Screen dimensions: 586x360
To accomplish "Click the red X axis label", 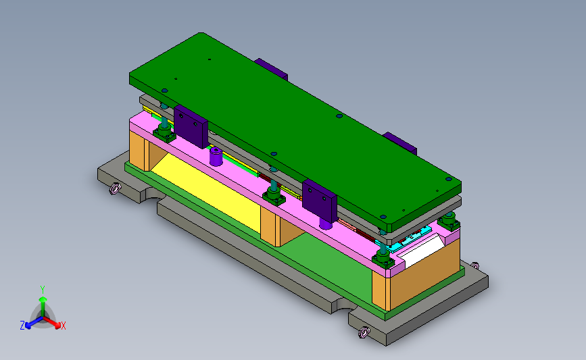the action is coord(63,326).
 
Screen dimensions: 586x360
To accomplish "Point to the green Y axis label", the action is coord(43,290).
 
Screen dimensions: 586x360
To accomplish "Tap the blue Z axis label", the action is coord(22,326).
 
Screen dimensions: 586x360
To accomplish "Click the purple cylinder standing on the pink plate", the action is coord(216,156).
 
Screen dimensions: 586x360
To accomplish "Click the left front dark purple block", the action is coord(191,126).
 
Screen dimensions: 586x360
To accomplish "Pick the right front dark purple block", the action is coord(320,201).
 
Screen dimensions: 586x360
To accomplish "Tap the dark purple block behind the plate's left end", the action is coord(271,70).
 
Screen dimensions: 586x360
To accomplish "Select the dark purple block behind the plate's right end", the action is coord(400,143).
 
